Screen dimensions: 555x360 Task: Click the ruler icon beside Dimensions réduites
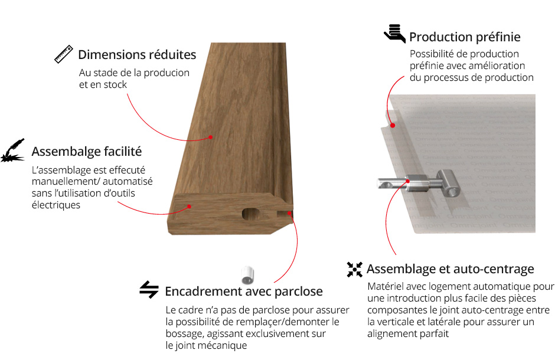click(64, 54)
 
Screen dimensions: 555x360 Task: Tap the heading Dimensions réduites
click(137, 55)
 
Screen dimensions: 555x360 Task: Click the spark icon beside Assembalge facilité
click(13, 150)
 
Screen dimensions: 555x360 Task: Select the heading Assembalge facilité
click(87, 151)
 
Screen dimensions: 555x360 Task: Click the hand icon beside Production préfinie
click(394, 34)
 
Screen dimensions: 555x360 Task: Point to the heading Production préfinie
click(465, 37)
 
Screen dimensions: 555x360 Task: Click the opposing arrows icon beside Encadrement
click(149, 290)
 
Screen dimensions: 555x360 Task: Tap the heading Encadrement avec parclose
click(244, 292)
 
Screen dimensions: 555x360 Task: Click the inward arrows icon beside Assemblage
click(355, 270)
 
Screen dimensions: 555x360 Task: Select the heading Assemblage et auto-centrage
click(450, 269)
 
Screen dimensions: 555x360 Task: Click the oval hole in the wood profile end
click(251, 213)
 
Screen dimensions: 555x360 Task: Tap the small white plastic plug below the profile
click(248, 276)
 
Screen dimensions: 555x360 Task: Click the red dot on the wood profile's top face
click(210, 137)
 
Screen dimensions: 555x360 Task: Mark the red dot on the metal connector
click(408, 181)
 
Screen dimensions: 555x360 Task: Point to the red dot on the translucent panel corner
click(393, 125)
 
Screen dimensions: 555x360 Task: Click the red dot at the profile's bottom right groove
click(289, 213)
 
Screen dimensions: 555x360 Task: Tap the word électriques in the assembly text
click(56, 205)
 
